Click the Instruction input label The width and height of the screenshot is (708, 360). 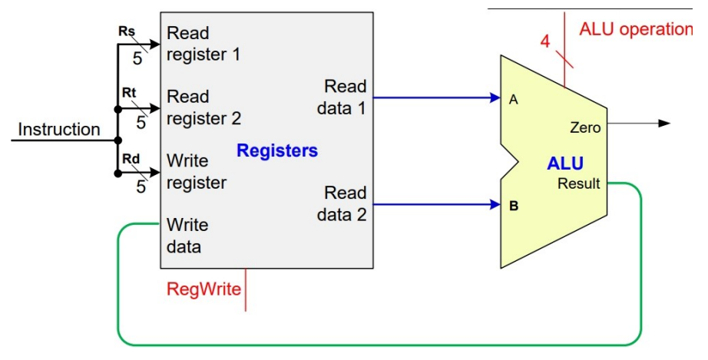pos(59,129)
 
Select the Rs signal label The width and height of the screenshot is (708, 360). pos(127,32)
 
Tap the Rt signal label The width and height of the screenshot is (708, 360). pos(128,92)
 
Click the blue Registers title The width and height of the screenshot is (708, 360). pos(277,151)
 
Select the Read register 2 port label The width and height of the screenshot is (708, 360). pos(203,107)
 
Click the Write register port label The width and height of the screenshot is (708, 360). pos(197,171)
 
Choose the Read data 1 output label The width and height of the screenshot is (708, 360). pos(342,97)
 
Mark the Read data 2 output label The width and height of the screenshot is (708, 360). pos(342,203)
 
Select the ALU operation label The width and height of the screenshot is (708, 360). pos(635,29)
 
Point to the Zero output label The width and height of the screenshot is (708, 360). pos(585,128)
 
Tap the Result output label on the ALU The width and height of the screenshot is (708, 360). pos(578,184)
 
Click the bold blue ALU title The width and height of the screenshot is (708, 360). pos(564,163)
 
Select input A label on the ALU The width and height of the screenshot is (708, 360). pos(512,98)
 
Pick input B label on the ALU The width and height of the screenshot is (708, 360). pos(512,205)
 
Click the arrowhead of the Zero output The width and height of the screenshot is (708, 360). pos(664,123)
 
